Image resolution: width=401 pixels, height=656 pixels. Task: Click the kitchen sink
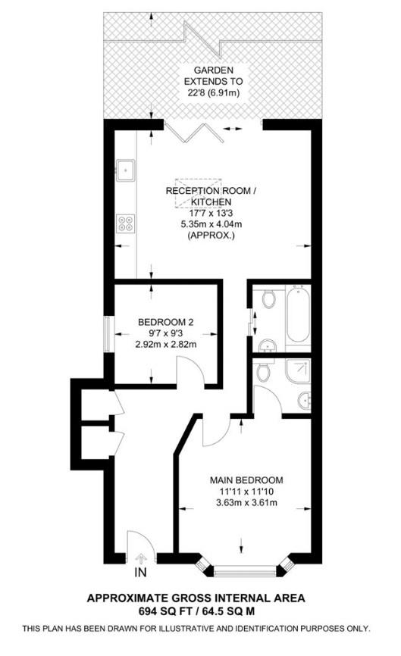(x=126, y=170)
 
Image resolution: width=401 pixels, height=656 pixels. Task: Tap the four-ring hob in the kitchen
(x=126, y=223)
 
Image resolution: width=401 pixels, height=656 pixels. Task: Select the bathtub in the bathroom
(x=298, y=314)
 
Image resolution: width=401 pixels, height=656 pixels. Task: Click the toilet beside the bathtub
(x=269, y=298)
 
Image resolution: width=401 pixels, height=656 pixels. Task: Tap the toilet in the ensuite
(x=262, y=371)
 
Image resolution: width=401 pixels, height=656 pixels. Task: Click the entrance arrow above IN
(x=141, y=558)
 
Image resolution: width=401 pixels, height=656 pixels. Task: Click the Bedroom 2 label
(x=166, y=322)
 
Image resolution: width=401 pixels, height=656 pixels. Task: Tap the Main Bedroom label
(x=246, y=480)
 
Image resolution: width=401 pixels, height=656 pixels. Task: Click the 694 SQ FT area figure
(x=164, y=611)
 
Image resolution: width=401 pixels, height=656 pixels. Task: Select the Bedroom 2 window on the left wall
(x=108, y=334)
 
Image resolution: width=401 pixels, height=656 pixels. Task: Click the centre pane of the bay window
(x=245, y=571)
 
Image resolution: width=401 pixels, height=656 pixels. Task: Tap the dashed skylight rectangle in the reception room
(x=198, y=192)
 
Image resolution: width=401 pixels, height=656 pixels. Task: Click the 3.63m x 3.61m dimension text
(x=246, y=502)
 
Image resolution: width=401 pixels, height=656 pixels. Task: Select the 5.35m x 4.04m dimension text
(x=211, y=223)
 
